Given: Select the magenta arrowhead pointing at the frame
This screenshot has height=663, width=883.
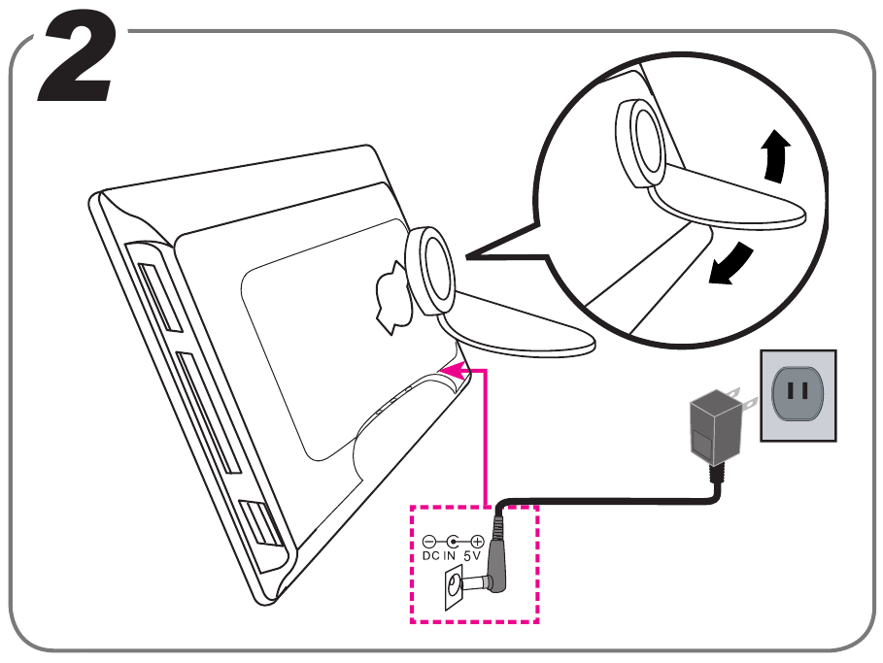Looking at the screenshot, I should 450,368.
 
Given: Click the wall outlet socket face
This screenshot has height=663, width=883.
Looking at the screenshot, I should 798,394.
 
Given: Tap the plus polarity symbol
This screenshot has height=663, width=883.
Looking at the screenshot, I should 477,541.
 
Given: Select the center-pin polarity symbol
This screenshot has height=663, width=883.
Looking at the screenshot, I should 453,541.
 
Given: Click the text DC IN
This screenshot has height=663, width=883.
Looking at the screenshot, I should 439,556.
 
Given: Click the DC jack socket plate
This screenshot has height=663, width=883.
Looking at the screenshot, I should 454,588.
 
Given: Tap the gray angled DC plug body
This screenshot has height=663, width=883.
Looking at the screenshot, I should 496,558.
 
